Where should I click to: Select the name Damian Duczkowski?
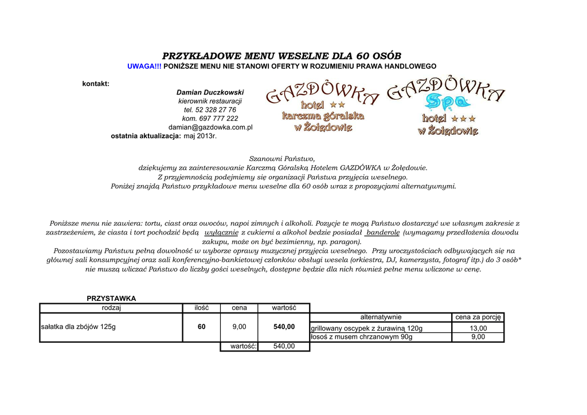(210, 92)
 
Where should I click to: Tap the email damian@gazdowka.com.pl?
(210, 127)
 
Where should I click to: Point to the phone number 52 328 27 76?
(216, 110)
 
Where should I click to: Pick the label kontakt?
(96, 84)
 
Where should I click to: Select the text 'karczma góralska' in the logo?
(323, 116)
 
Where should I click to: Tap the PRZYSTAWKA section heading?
(111, 299)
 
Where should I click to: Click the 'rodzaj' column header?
(111, 308)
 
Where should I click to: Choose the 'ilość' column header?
(202, 308)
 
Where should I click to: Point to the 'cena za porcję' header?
(478, 317)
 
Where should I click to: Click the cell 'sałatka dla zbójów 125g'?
(79, 327)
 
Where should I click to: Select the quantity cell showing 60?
(202, 327)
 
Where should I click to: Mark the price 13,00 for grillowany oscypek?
(478, 328)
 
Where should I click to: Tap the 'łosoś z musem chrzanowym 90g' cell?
(361, 337)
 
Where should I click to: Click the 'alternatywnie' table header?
(381, 317)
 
